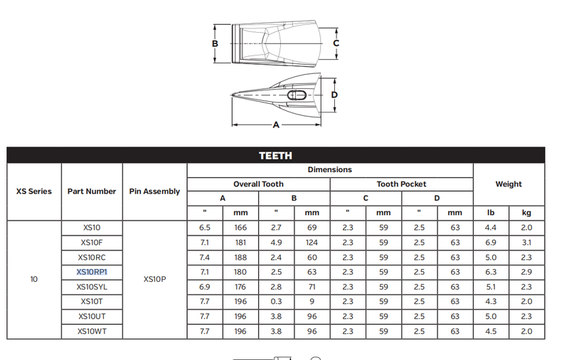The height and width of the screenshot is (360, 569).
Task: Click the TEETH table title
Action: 275,156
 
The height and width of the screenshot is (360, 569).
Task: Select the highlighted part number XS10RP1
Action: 92,272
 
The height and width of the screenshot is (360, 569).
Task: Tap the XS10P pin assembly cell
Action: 154,279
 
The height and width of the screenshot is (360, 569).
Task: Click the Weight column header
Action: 509,184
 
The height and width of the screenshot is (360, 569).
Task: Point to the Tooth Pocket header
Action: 401,184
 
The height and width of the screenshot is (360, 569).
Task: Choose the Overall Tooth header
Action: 258,184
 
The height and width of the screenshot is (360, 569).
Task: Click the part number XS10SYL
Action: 92,287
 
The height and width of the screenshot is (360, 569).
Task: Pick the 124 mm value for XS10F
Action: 312,243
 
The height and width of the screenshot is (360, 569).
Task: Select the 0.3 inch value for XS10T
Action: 276,302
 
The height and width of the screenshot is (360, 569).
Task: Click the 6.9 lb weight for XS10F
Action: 491,243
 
